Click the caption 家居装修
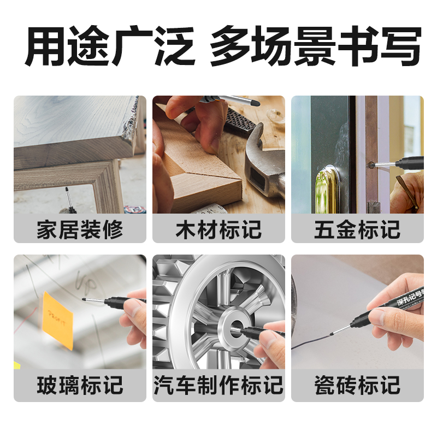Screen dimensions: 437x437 (80, 229)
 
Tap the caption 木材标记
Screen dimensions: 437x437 (218, 229)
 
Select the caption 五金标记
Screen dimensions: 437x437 (357, 229)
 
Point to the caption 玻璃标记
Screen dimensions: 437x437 (80, 385)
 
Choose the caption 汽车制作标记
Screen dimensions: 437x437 (218, 385)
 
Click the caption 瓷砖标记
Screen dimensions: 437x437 (357, 385)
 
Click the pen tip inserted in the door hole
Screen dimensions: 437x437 (373, 162)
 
